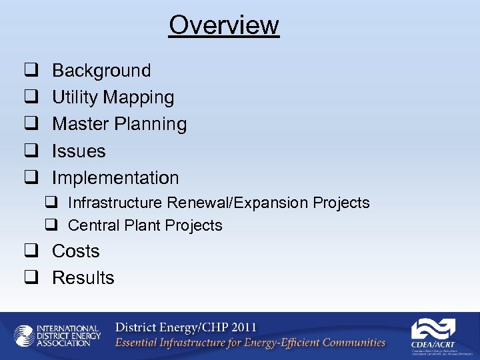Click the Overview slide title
(223, 25)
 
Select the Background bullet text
(101, 71)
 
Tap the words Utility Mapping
(113, 97)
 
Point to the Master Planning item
(119, 125)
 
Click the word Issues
(79, 151)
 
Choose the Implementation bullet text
(115, 178)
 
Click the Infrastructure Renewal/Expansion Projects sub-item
(219, 203)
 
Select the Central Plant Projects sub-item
(145, 226)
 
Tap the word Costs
(75, 251)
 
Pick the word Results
(83, 278)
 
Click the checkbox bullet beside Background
(30, 71)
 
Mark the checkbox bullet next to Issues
(30, 152)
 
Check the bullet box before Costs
(30, 252)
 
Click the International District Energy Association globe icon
(24, 335)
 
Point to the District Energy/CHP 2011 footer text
(185, 328)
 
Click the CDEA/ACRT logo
(433, 333)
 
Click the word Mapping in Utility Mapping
(144, 98)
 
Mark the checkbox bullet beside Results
(30, 279)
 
